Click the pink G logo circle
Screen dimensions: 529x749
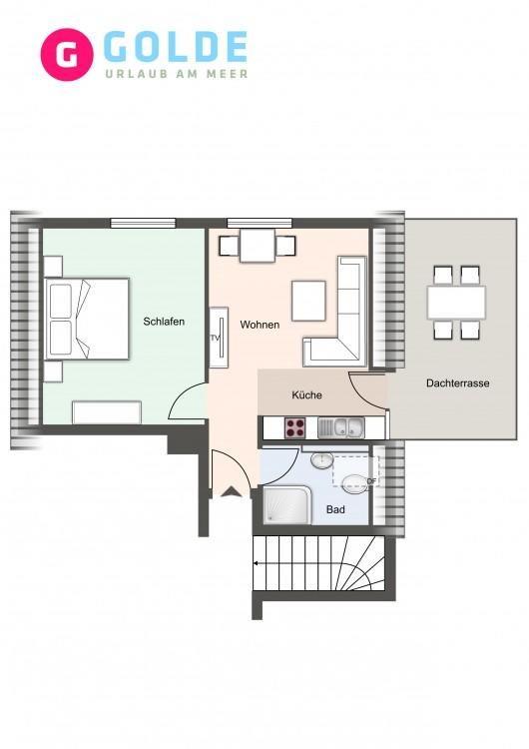(66, 54)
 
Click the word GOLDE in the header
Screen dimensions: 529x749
(176, 47)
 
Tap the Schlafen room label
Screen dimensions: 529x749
(164, 322)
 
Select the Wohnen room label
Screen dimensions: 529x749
(260, 325)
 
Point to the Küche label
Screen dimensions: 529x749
(306, 395)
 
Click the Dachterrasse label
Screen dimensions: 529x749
(457, 383)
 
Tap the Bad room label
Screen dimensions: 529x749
(335, 509)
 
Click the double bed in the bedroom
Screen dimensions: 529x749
(87, 319)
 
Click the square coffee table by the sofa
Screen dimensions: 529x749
(308, 301)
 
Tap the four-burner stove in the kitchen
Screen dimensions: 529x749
(295, 427)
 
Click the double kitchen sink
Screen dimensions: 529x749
(341, 427)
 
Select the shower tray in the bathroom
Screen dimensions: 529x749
(286, 505)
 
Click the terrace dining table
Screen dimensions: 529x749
(456, 303)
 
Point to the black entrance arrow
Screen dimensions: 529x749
(232, 491)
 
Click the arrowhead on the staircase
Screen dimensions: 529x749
(256, 563)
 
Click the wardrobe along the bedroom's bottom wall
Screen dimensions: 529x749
(107, 412)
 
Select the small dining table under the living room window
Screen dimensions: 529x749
(258, 246)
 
